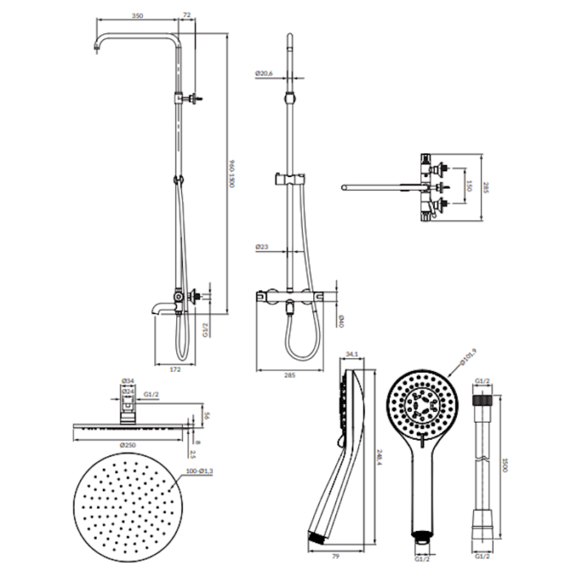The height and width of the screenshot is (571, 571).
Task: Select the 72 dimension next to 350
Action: [187, 15]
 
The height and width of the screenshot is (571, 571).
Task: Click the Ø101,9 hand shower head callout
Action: [467, 357]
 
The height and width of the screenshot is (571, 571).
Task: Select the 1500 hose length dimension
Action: [506, 464]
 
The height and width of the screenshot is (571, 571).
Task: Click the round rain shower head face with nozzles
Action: [126, 502]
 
